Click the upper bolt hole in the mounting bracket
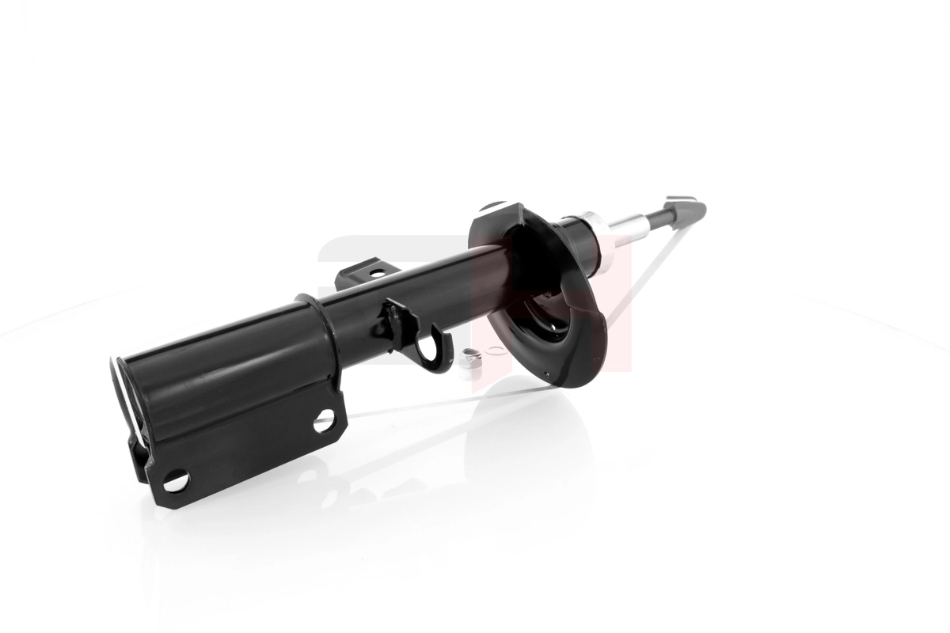click(324, 420)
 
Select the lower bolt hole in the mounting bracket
click(175, 479)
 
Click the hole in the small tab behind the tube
click(377, 274)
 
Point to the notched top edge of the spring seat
click(507, 210)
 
